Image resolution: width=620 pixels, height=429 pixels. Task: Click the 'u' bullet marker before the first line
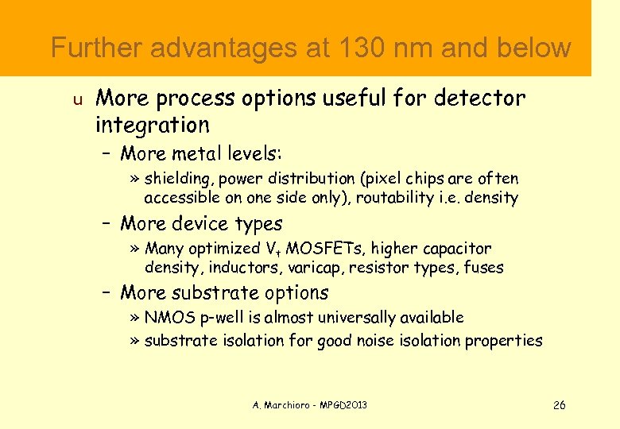click(77, 100)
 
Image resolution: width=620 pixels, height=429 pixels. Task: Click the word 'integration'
click(152, 125)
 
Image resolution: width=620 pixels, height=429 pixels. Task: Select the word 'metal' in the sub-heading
click(203, 152)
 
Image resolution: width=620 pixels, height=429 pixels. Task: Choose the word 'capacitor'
click(452, 249)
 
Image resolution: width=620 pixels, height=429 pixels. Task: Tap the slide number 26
click(559, 405)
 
